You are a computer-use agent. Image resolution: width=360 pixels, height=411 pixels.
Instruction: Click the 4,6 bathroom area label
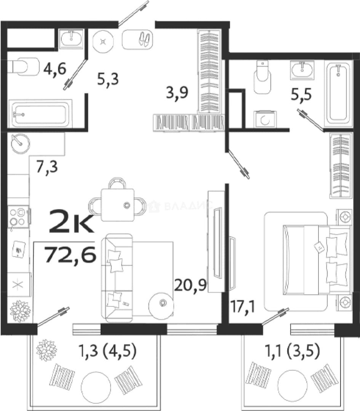[55, 68]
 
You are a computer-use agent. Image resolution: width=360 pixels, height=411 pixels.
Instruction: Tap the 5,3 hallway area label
[108, 79]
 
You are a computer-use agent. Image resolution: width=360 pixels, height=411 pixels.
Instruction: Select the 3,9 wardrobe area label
[177, 92]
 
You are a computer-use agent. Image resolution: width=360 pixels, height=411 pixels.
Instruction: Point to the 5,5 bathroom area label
[301, 94]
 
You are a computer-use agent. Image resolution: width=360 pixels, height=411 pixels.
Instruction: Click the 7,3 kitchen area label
[47, 167]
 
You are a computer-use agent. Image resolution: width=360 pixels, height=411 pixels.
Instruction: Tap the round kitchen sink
[21, 143]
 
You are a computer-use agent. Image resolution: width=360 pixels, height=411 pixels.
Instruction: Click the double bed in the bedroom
[317, 259]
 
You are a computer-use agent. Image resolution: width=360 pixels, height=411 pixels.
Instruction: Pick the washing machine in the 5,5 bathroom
[265, 119]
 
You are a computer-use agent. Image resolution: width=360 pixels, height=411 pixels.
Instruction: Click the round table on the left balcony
[96, 386]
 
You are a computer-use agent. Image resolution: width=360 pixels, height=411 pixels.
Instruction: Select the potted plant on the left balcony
[46, 350]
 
